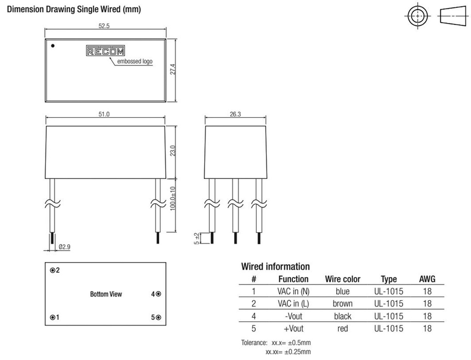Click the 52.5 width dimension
(104, 26)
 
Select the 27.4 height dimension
(173, 69)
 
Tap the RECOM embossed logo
(105, 51)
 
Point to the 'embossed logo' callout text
(135, 61)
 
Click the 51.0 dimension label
(104, 114)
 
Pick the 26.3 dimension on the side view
(235, 114)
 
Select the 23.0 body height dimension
(173, 151)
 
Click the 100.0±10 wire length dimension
(173, 199)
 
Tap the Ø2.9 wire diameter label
(64, 247)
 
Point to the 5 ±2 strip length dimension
(196, 239)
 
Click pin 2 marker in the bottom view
(52, 270)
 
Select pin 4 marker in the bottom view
(158, 294)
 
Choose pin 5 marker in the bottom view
(158, 317)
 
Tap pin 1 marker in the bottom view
(52, 317)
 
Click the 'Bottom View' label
(106, 294)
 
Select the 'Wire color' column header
(343, 279)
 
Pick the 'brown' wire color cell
(342, 303)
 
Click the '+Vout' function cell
(293, 328)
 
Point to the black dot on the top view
(53, 46)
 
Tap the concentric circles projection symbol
(418, 16)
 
